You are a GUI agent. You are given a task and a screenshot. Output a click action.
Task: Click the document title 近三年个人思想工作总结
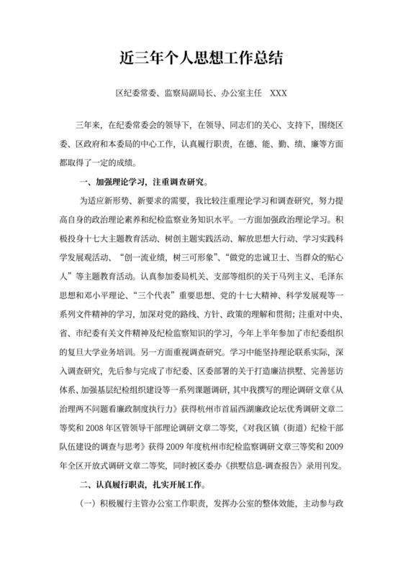(201, 59)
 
